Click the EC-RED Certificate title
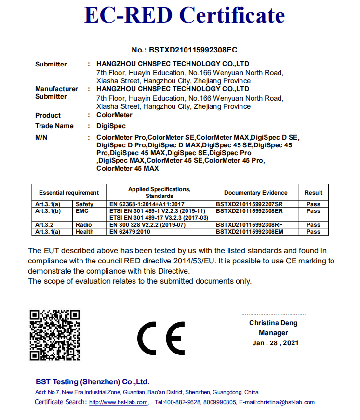coord(184,15)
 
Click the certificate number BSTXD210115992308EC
coord(184,50)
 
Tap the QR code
coord(54,335)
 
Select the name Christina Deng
coord(273,323)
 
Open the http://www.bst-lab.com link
coord(119,402)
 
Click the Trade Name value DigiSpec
coord(111,126)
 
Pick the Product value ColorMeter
coord(114,115)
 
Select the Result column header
coord(313,193)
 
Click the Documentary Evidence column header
coord(255,193)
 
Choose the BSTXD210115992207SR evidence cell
coord(249,204)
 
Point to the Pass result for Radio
coord(313,225)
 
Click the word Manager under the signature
coord(273,333)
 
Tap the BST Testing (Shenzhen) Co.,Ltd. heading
coord(93,381)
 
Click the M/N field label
coord(41,137)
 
